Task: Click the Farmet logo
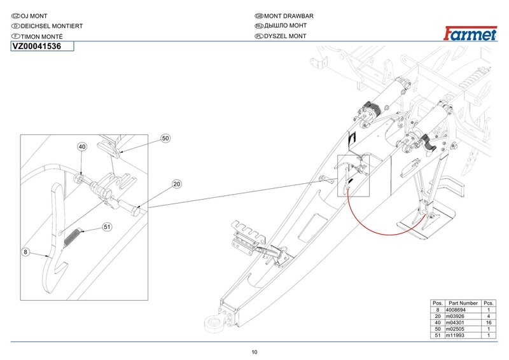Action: click(470, 34)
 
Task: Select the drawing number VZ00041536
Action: click(37, 46)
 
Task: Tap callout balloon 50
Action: click(165, 138)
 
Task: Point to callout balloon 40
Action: click(82, 147)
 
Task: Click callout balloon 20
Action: click(177, 184)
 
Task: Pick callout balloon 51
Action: click(107, 227)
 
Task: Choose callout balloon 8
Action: click(25, 252)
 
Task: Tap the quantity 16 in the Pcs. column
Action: click(489, 322)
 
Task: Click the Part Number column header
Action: click(463, 303)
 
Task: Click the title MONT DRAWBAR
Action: click(289, 16)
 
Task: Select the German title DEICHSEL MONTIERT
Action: click(52, 26)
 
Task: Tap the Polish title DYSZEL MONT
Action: click(285, 36)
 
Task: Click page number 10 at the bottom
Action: click(254, 352)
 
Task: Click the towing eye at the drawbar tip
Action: click(213, 323)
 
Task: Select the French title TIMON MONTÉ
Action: click(41, 36)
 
